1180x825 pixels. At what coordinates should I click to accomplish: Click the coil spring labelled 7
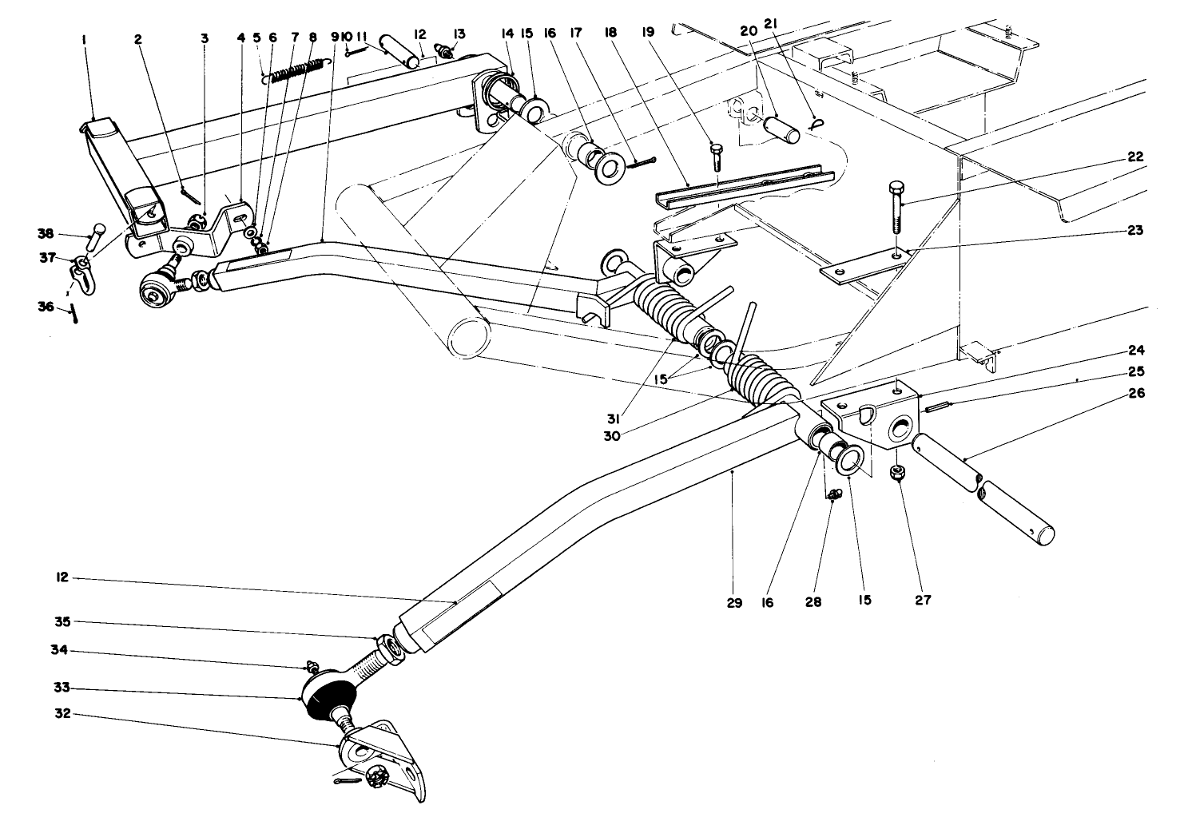coord(298,72)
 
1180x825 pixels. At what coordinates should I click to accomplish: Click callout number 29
coord(734,603)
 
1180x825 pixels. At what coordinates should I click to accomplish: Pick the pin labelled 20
coord(781,130)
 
